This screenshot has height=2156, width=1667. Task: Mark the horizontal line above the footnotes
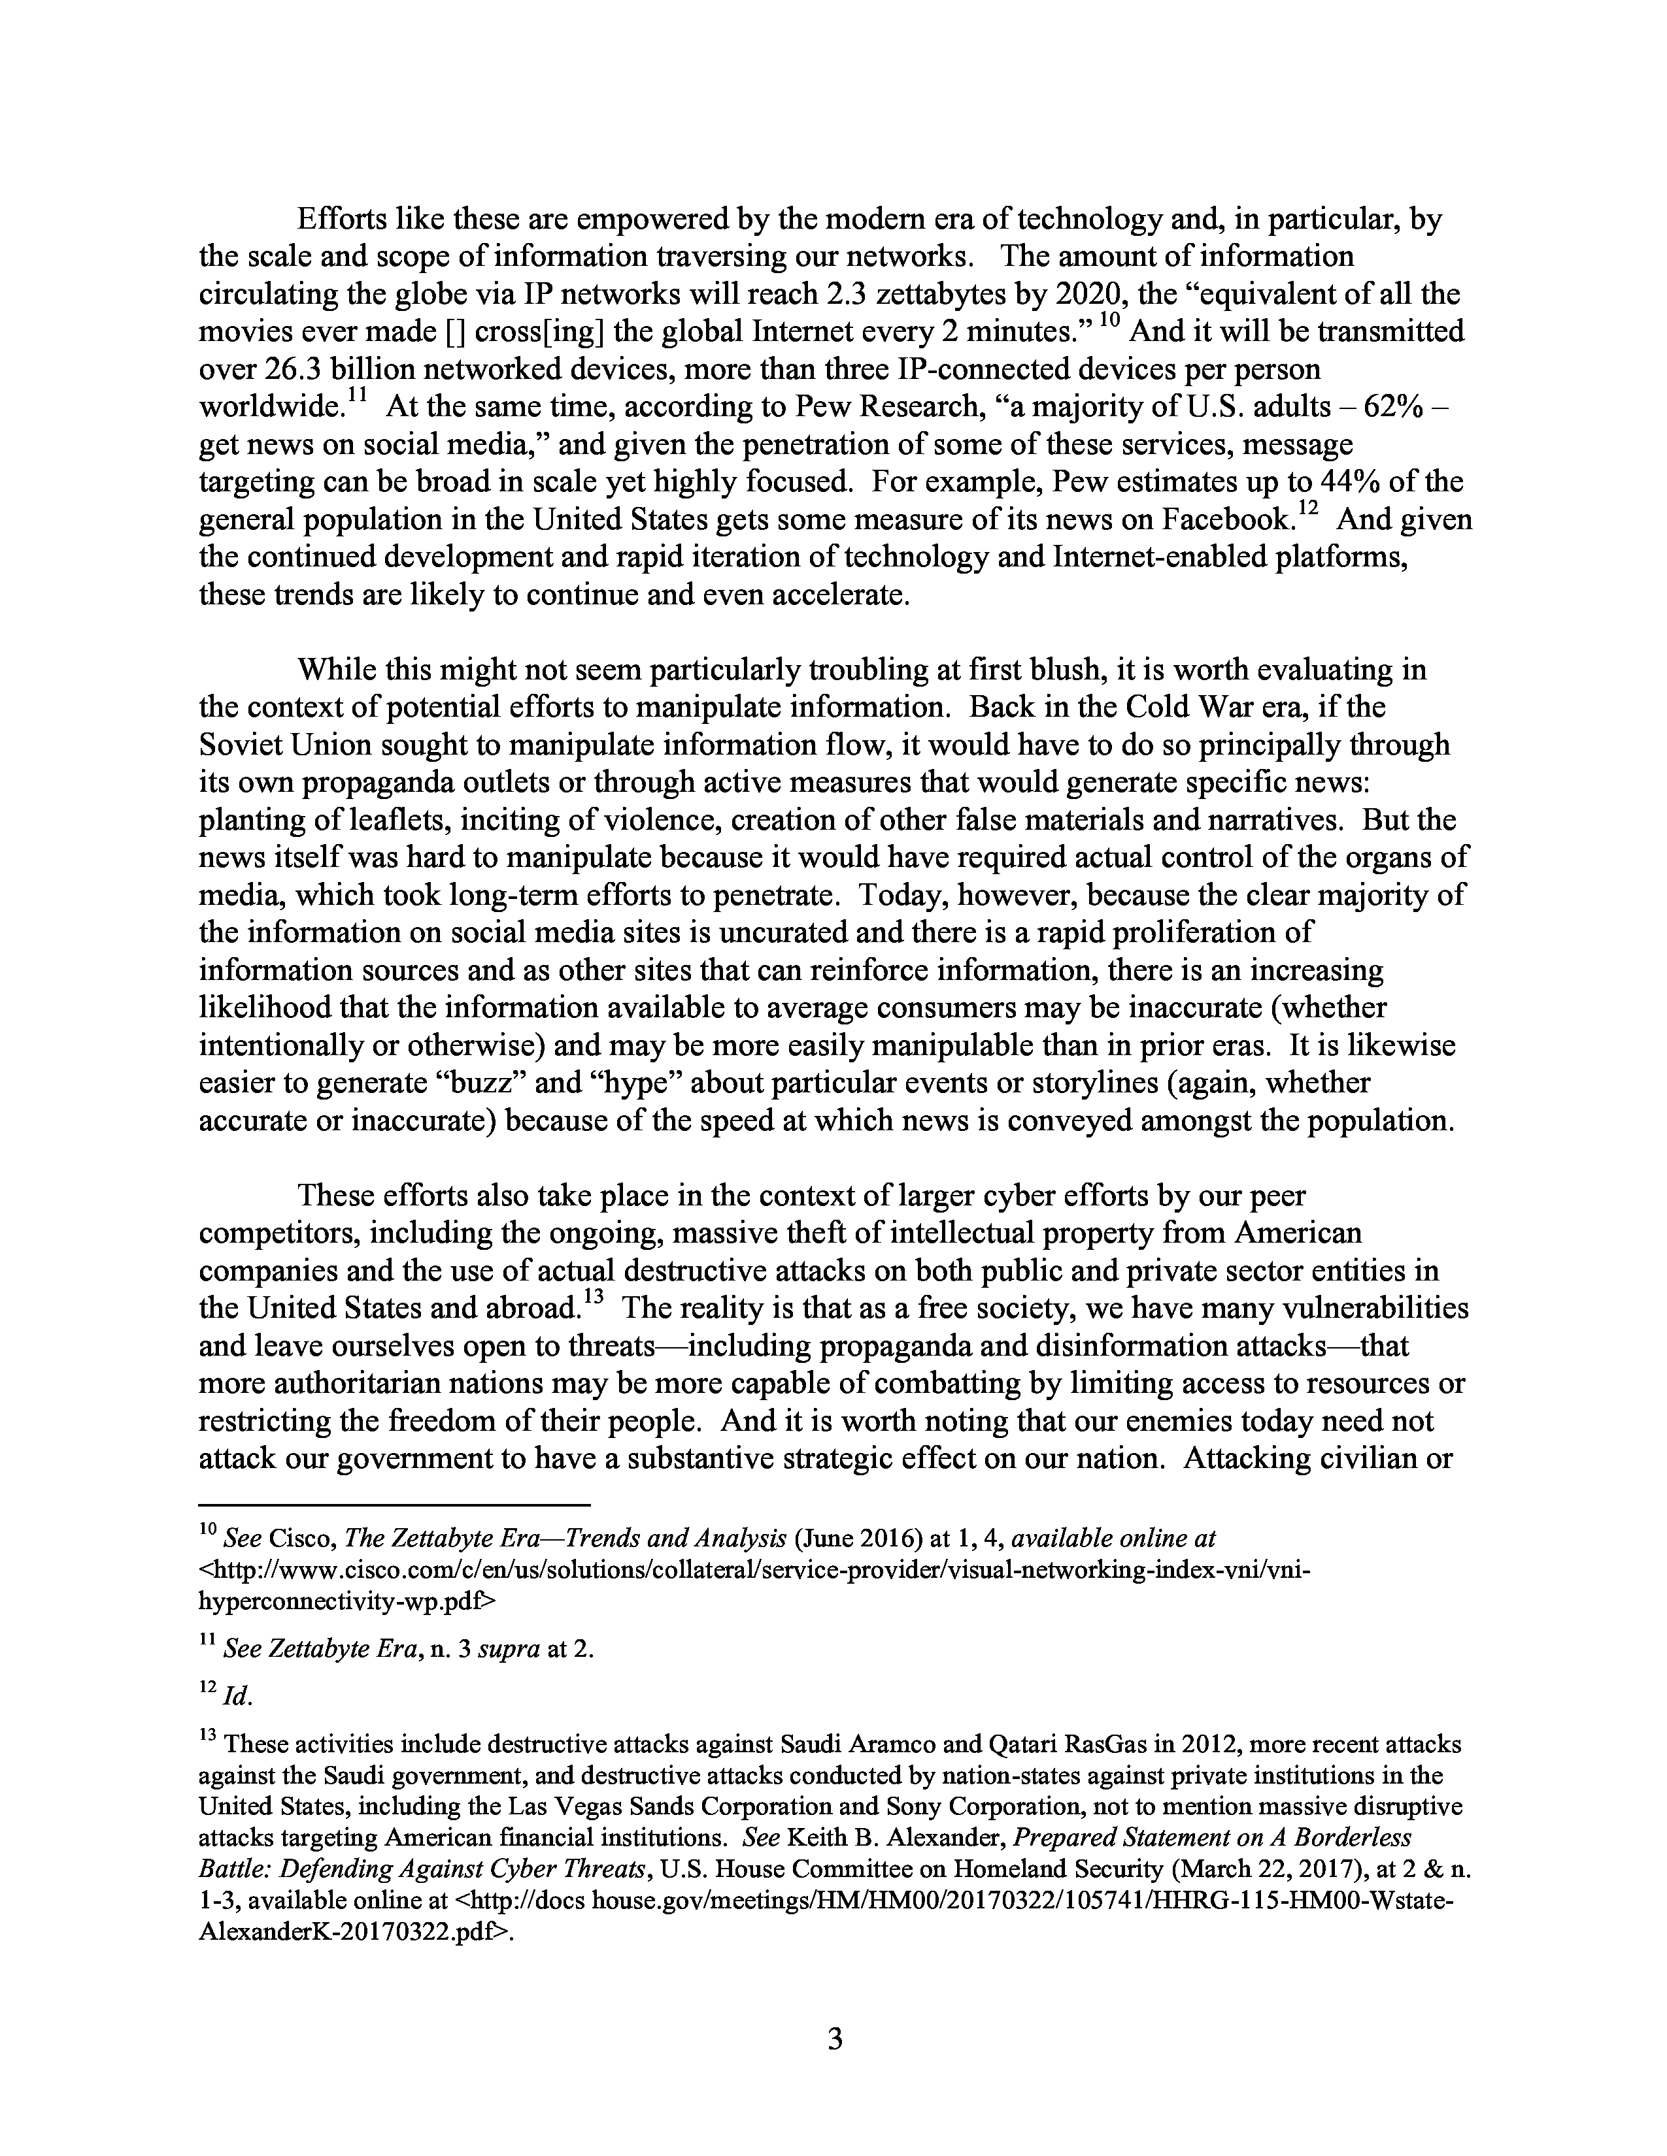tap(394, 1505)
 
